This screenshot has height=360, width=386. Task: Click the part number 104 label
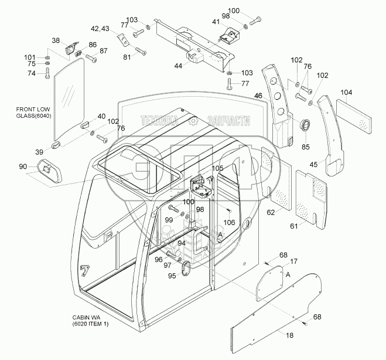[346, 93]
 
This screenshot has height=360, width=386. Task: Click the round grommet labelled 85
[305, 125]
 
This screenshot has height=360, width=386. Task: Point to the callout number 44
[177, 66]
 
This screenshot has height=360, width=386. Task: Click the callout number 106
[230, 222]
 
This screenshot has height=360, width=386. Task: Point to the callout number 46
[258, 95]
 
